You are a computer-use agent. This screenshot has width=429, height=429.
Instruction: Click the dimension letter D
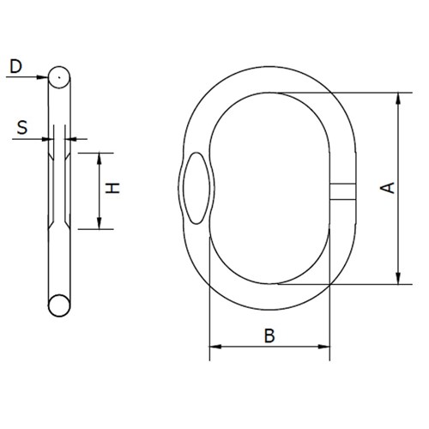(x=15, y=66)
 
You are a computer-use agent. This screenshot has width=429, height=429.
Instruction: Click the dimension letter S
(x=22, y=128)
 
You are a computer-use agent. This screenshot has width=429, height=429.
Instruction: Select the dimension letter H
(x=112, y=188)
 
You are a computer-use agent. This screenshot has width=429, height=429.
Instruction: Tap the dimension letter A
(x=387, y=188)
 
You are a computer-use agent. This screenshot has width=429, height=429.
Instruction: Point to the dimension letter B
(x=269, y=335)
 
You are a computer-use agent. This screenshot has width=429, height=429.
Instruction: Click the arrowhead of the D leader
(x=43, y=77)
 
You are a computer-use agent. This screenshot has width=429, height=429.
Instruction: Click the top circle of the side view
(x=59, y=77)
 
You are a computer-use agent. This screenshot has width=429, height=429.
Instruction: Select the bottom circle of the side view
(x=59, y=305)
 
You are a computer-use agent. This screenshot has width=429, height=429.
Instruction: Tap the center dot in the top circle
(x=59, y=77)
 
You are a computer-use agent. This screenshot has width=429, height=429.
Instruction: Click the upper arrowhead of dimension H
(x=100, y=158)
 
